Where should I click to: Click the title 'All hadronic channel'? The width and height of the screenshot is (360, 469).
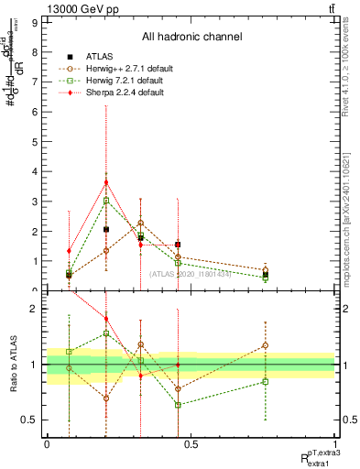[x=191, y=38]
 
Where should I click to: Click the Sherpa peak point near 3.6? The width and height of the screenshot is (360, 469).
[x=106, y=181]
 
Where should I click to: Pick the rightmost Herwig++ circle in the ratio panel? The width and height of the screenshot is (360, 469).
[x=265, y=345]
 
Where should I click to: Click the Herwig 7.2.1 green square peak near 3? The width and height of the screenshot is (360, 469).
[x=106, y=200]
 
